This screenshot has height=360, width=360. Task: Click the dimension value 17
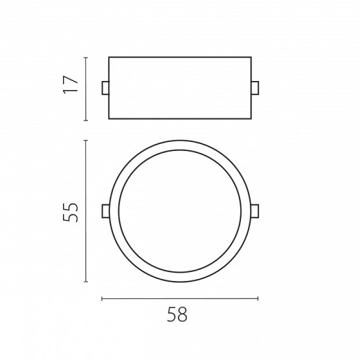coord(71,84)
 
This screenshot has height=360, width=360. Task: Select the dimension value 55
coord(71,213)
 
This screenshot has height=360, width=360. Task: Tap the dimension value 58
coord(177,314)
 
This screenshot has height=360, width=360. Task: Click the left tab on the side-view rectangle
coord(105,88)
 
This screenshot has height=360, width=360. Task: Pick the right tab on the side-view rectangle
coord(255,88)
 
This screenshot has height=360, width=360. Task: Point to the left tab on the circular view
coord(106,211)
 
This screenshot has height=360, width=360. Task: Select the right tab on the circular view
coord(255,211)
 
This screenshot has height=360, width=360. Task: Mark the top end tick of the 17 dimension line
coord(86,57)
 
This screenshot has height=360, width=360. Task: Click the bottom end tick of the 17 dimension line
coord(86,120)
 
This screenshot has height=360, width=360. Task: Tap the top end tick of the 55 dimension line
coord(86,141)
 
